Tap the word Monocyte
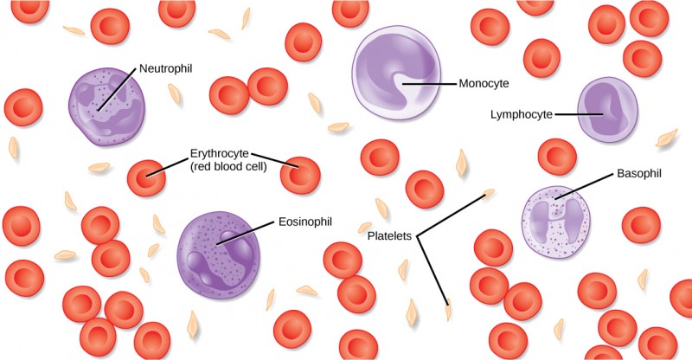click(485, 84)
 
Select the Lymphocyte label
click(520, 113)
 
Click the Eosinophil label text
click(304, 222)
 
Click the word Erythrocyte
click(221, 154)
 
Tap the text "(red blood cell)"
click(227, 167)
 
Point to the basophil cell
click(559, 221)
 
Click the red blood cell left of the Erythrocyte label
click(145, 178)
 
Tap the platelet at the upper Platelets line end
click(490, 192)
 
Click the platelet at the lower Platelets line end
click(448, 307)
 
